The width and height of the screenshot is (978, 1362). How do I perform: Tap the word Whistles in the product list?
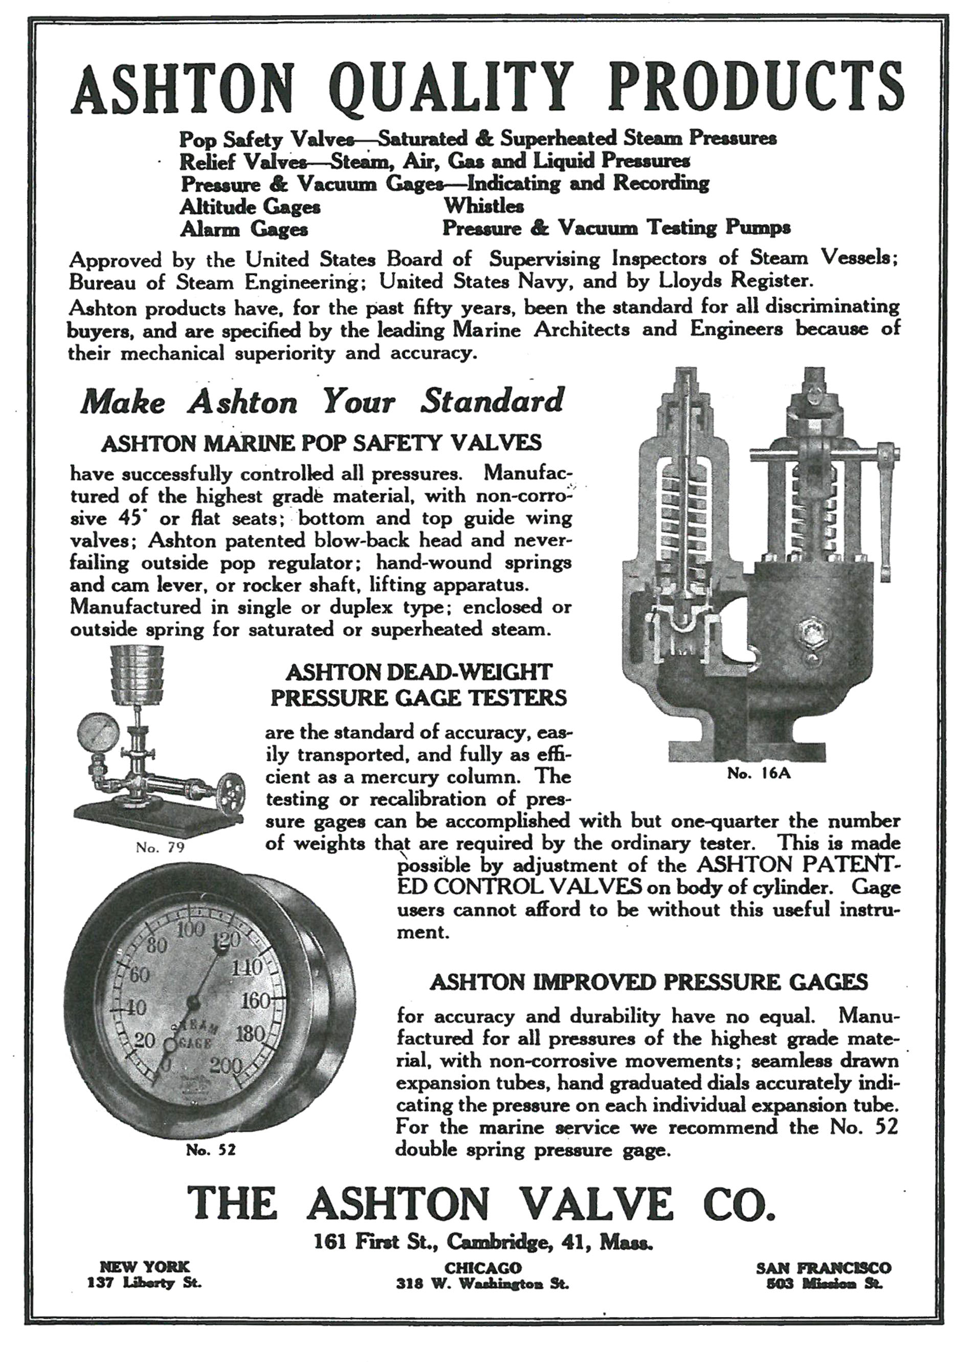click(x=483, y=206)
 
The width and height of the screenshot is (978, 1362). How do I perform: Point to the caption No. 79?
click(x=160, y=847)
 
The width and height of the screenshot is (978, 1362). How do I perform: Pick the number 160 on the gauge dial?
click(x=258, y=1001)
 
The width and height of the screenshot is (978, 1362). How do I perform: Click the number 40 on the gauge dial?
click(x=133, y=1008)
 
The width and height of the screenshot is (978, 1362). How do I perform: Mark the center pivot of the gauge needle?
click(x=193, y=1002)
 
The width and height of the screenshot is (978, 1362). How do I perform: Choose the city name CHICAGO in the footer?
click(x=482, y=1268)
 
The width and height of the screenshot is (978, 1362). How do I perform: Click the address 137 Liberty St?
click(x=144, y=1283)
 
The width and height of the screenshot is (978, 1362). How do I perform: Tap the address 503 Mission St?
click(x=824, y=1283)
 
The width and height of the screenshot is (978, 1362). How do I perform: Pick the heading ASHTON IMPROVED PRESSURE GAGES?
click(x=649, y=982)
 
